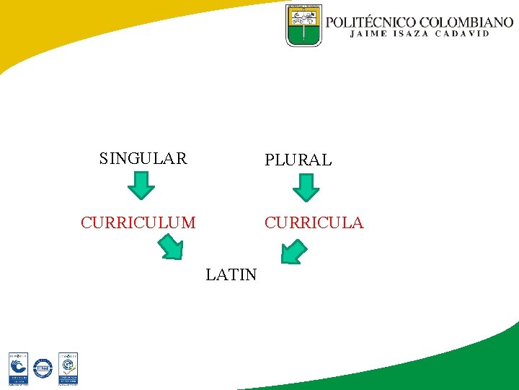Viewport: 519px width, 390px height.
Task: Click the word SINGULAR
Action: (143, 158)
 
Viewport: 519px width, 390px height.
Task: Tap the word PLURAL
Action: (298, 160)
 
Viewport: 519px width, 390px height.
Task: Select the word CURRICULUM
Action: (138, 222)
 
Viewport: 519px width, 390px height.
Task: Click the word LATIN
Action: (231, 274)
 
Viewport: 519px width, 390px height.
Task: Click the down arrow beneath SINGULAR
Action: (141, 186)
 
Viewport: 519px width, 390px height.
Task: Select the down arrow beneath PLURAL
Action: (306, 186)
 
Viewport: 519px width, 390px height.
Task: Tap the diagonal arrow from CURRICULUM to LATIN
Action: (171, 248)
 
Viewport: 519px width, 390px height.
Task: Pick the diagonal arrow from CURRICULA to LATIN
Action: (293, 251)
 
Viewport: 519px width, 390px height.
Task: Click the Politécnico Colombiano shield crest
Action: (303, 26)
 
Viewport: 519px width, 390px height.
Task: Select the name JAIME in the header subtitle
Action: (368, 33)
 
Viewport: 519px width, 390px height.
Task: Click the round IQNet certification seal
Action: (43, 368)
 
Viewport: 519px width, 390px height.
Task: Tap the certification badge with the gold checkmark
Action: (68, 368)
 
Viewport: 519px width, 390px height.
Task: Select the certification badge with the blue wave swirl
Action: (18, 368)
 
